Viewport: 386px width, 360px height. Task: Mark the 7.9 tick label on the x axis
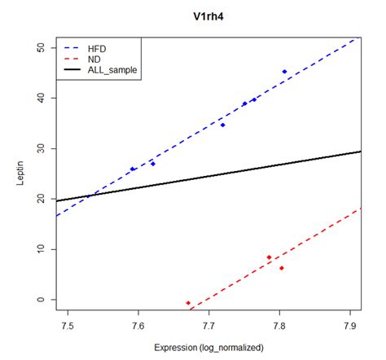coord(350,325)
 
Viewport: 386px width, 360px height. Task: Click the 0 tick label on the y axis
coord(42,300)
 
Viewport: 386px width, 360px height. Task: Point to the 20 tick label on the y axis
coord(42,199)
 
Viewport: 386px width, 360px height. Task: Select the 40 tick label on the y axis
coord(42,99)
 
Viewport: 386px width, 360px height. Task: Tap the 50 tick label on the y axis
coord(42,48)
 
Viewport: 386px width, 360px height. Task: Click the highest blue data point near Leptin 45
coord(284,72)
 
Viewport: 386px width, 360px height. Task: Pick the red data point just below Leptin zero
coord(188,303)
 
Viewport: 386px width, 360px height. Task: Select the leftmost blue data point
coord(132,169)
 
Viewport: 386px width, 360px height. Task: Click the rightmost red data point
coord(282,268)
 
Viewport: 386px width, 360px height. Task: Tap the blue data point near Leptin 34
coord(222,125)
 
